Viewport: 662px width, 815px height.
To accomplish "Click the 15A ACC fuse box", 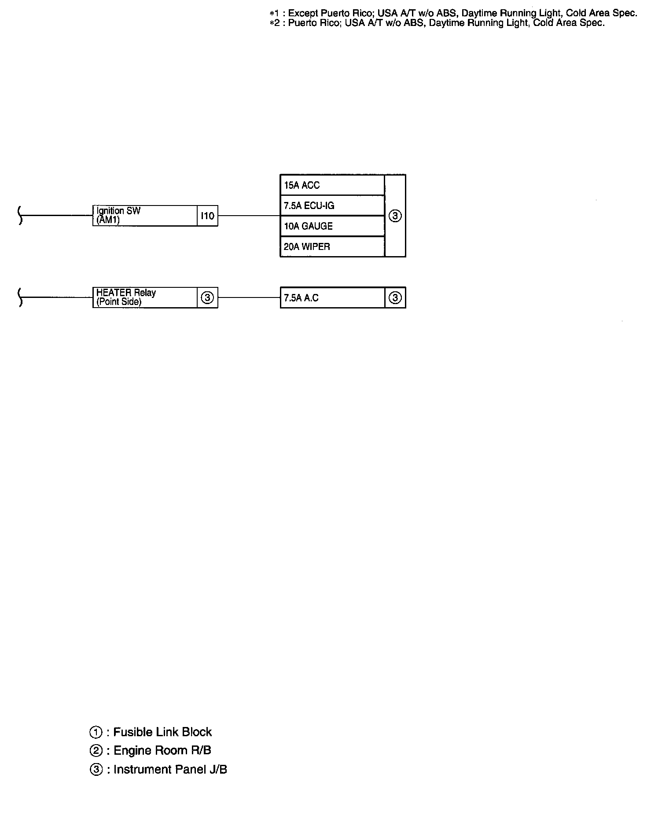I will pyautogui.click(x=332, y=185).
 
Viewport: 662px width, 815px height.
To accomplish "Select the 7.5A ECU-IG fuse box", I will pyautogui.click(x=332, y=206).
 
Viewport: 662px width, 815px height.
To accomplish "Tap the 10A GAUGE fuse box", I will pyautogui.click(x=332, y=226).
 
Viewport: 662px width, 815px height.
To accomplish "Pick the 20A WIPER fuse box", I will pyautogui.click(x=332, y=246).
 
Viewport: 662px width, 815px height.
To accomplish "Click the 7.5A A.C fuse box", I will pyautogui.click(x=332, y=298).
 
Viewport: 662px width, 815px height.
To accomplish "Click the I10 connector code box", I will pyautogui.click(x=207, y=216).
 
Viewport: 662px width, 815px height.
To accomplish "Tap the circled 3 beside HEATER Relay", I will pyautogui.click(x=207, y=298).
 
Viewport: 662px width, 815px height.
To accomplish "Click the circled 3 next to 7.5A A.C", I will pyautogui.click(x=395, y=298).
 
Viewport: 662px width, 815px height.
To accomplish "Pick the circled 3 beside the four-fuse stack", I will pyautogui.click(x=395, y=216).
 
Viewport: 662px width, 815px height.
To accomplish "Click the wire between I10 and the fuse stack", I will pyautogui.click(x=249, y=216).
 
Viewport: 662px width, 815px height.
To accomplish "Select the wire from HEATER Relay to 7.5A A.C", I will pyautogui.click(x=249, y=297).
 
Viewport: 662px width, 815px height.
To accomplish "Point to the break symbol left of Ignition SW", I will pyautogui.click(x=20, y=216).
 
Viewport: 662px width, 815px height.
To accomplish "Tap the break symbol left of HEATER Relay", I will pyautogui.click(x=20, y=297).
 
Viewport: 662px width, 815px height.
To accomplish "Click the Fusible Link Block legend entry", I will pyautogui.click(x=151, y=732).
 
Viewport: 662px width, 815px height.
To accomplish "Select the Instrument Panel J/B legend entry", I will pyautogui.click(x=158, y=769).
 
